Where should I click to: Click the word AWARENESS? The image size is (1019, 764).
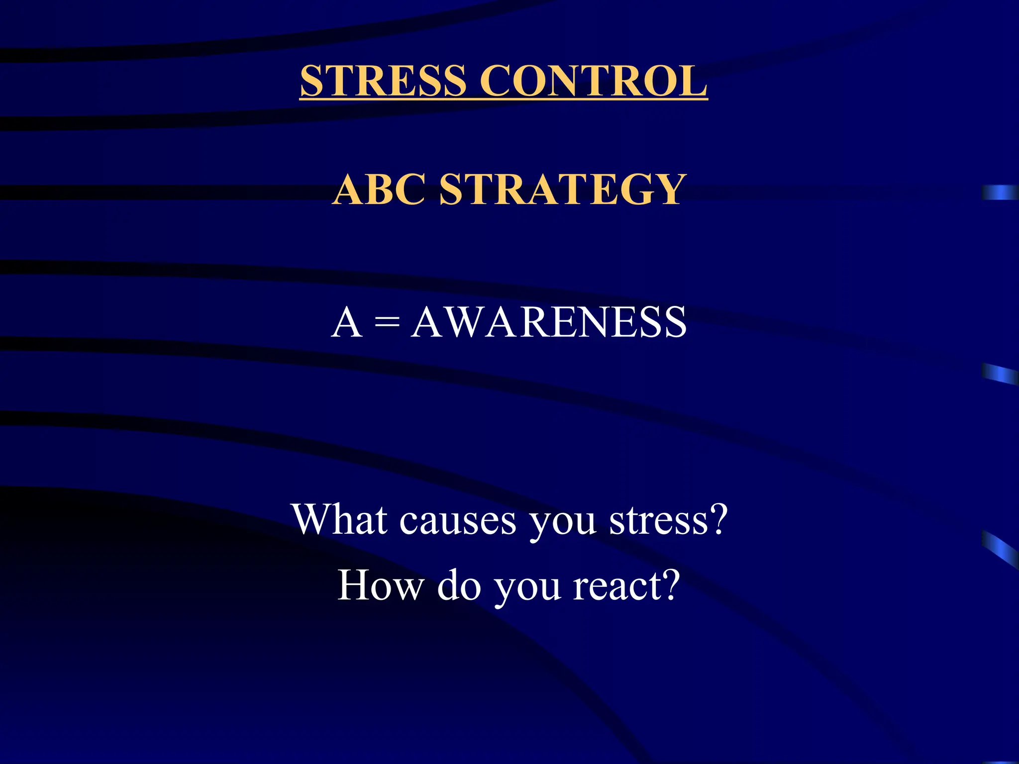(x=549, y=322)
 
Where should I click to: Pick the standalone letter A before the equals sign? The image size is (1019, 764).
(x=346, y=322)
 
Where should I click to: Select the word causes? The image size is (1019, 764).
(x=458, y=521)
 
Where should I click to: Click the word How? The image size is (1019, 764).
(x=380, y=585)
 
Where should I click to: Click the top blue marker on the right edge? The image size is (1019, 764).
(x=1000, y=192)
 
